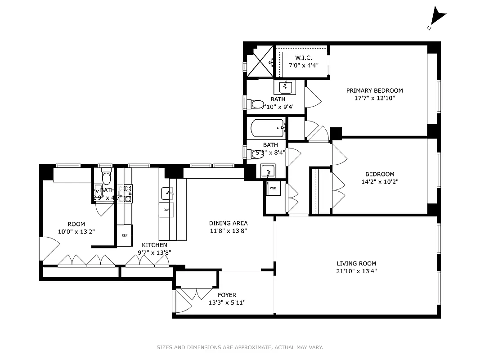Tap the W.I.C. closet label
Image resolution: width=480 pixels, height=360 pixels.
(304, 58)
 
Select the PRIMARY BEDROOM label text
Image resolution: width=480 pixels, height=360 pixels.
(374, 90)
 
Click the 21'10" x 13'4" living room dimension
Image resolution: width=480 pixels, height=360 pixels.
(357, 271)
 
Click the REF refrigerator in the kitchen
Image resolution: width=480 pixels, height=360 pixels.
(124, 235)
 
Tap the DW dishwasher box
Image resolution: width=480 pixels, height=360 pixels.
(166, 210)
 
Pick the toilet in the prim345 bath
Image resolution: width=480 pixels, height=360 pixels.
(257, 104)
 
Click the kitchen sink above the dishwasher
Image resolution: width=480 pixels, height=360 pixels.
(167, 193)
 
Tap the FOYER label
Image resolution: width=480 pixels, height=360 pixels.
(227, 295)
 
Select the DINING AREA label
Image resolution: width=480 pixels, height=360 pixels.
(228, 223)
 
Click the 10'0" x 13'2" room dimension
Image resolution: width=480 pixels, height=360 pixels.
(76, 232)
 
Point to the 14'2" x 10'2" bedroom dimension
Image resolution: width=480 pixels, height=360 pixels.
(380, 182)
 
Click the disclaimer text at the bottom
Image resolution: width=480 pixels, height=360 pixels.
(240, 347)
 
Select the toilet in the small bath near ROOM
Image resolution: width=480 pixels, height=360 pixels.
(107, 177)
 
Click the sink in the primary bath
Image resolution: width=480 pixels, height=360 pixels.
(284, 86)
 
